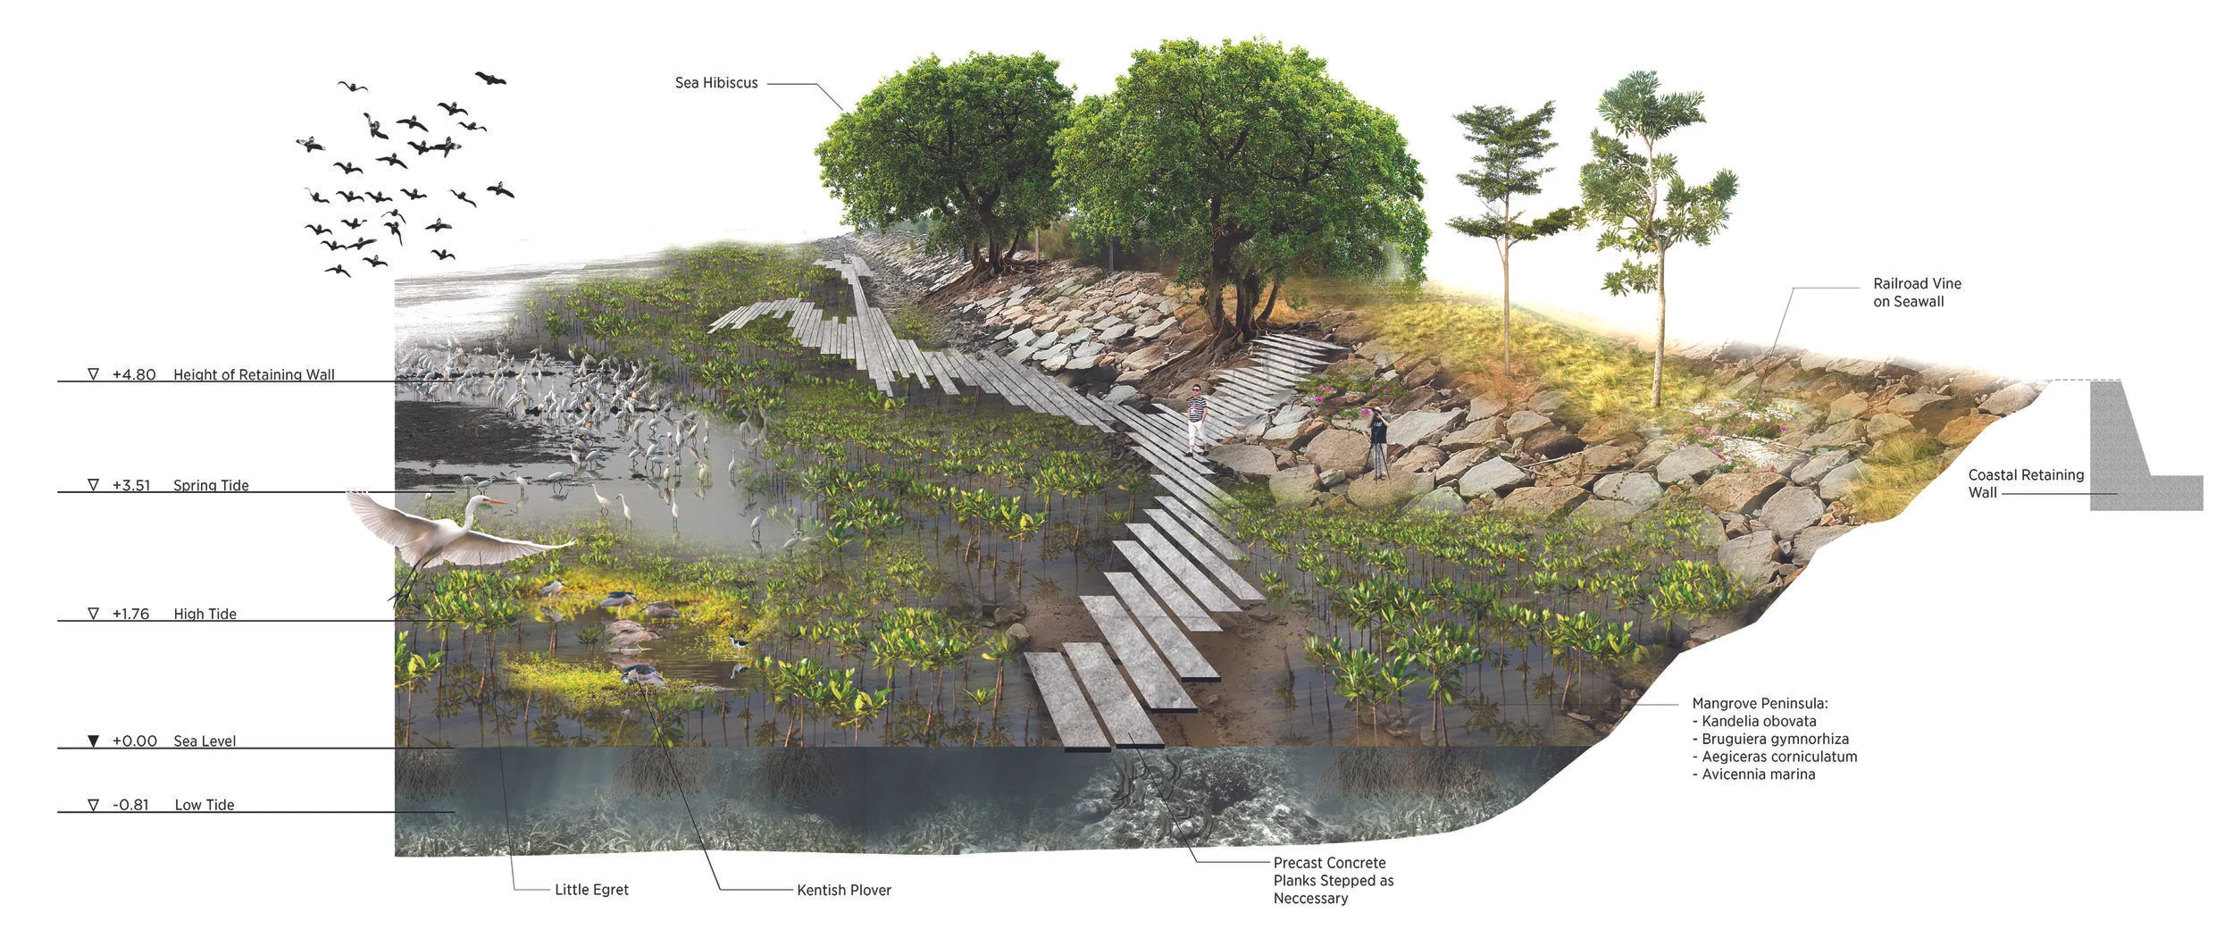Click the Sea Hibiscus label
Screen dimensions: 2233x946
[715, 83]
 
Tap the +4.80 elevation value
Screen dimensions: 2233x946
[134, 374]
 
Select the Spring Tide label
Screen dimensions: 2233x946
[211, 485]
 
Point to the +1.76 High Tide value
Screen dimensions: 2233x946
[130, 614]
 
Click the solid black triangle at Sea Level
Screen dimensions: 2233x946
[94, 741]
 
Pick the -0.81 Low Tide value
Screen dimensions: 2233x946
[130, 805]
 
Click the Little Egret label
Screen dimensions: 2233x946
[591, 890]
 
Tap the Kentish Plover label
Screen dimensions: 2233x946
[843, 890]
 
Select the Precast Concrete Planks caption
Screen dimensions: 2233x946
[1333, 880]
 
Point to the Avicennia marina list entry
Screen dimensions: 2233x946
[1758, 774]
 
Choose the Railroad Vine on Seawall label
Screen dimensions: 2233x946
[1917, 292]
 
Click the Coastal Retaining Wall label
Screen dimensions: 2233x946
[2025, 483]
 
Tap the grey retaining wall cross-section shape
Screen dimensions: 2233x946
[2119, 456]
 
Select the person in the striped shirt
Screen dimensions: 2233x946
[1197, 419]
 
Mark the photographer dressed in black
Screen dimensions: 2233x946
[1379, 441]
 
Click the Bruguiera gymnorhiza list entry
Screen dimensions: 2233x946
[1770, 739]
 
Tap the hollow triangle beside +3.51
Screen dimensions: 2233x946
[94, 485]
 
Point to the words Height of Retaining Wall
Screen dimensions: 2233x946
[254, 374]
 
